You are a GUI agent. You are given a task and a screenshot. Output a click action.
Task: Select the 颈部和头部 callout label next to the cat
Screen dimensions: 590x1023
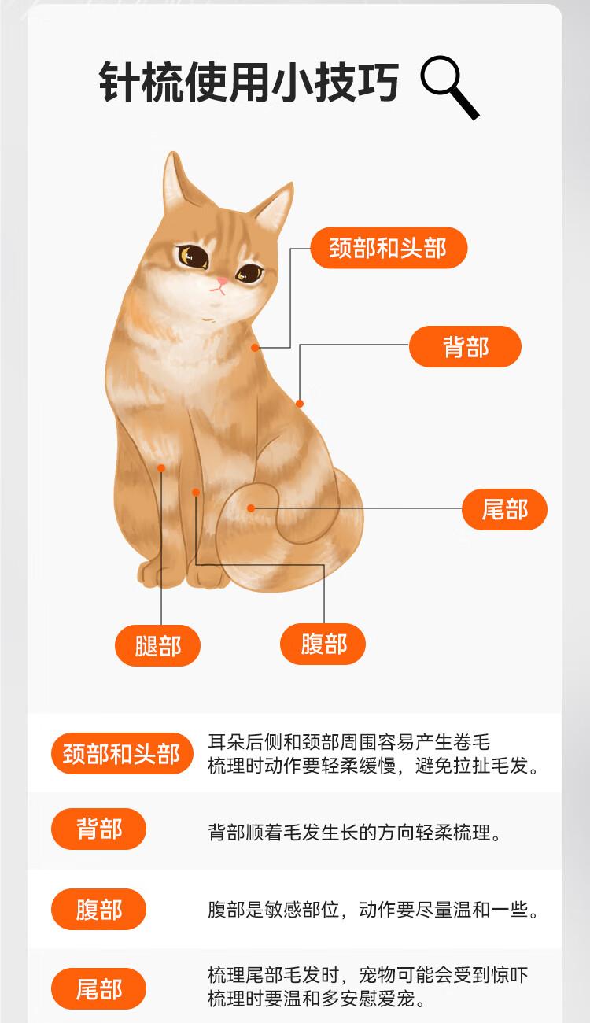tap(389, 248)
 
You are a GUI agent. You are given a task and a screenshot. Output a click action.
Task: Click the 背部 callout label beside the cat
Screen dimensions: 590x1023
tap(465, 346)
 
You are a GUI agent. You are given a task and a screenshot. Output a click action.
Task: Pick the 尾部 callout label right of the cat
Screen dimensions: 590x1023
tap(504, 509)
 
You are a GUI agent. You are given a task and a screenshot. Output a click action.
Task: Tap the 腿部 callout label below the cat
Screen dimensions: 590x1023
tap(157, 646)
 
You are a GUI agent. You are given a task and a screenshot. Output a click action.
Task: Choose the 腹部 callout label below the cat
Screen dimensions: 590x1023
tap(323, 644)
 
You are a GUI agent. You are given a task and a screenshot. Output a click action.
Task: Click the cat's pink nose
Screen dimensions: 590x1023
tap(222, 281)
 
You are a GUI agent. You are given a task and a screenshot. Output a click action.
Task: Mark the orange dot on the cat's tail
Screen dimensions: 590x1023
tap(251, 508)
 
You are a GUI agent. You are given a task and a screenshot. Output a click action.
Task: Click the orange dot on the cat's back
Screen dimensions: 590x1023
tap(300, 403)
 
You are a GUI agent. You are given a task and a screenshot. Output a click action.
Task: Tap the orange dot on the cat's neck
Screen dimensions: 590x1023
tap(255, 348)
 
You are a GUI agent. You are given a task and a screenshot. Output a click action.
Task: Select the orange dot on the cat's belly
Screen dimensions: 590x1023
tap(196, 492)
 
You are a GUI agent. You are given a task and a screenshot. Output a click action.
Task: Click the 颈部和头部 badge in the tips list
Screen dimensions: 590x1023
tap(121, 754)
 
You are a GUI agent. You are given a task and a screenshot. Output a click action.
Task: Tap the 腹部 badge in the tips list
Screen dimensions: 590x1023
tap(98, 909)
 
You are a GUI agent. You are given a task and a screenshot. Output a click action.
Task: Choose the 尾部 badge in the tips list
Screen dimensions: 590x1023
tap(98, 988)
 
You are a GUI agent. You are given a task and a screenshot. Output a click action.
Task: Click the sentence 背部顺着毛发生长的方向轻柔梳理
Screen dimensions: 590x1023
tap(354, 833)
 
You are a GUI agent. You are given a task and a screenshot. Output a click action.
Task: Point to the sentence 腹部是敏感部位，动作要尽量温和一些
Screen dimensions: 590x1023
tap(373, 910)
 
